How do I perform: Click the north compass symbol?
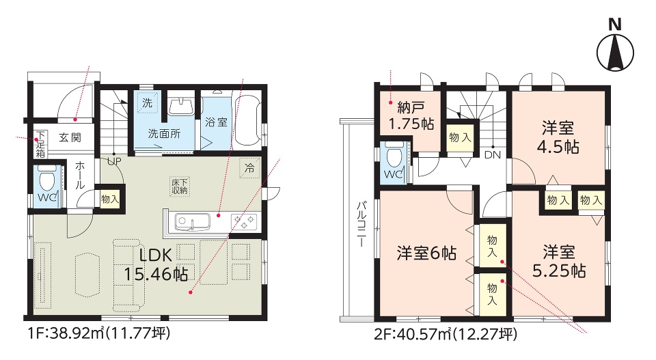(x=614, y=47)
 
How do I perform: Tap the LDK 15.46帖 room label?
(x=156, y=265)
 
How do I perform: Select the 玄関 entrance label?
(x=70, y=137)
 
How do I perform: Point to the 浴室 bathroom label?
(x=217, y=122)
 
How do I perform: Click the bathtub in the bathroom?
(x=247, y=122)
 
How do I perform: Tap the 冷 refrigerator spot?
(x=249, y=168)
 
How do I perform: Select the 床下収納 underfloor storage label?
(x=180, y=186)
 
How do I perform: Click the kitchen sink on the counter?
(x=192, y=221)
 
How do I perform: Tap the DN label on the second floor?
(x=493, y=155)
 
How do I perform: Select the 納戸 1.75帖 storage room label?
(x=411, y=116)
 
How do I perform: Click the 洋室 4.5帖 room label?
(x=558, y=137)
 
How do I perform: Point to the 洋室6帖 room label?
(x=426, y=253)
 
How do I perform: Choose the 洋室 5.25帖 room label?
(x=558, y=262)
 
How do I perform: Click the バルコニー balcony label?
(x=361, y=224)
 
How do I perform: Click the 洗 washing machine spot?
(x=148, y=103)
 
